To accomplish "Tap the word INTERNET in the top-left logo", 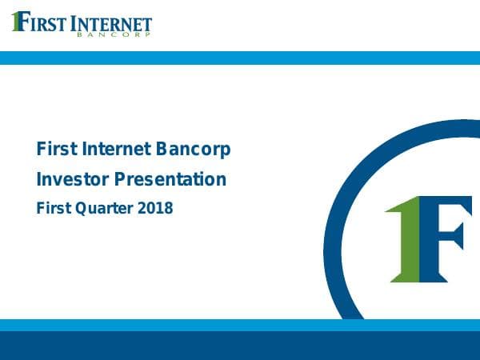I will (x=111, y=24).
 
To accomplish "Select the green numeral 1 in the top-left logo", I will (x=15, y=21).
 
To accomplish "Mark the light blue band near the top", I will (x=240, y=58).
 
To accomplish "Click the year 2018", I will (x=155, y=208).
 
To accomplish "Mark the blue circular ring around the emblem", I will (x=336, y=240).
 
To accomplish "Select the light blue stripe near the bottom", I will (x=240, y=325).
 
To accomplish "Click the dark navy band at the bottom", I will (x=240, y=346).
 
